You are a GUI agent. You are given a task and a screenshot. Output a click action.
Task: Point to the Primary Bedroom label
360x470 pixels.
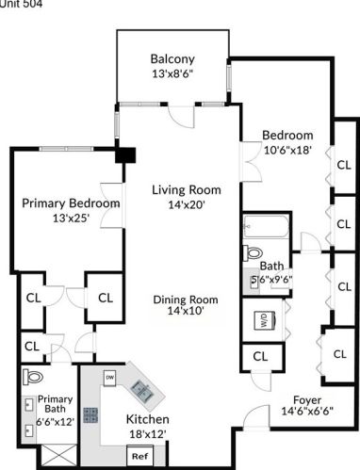pyautogui.click(x=71, y=203)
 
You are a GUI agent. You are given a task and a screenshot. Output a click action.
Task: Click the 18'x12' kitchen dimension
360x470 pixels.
pyautogui.click(x=147, y=434)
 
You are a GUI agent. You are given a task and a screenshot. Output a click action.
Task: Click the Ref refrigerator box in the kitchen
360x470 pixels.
pyautogui.click(x=139, y=456)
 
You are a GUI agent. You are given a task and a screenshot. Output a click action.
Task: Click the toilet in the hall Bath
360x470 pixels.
pyautogui.click(x=254, y=252)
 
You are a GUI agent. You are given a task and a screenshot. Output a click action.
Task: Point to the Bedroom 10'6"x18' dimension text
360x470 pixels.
pyautogui.click(x=286, y=150)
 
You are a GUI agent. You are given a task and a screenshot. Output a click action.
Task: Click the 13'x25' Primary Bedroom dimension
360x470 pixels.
pyautogui.click(x=71, y=218)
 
